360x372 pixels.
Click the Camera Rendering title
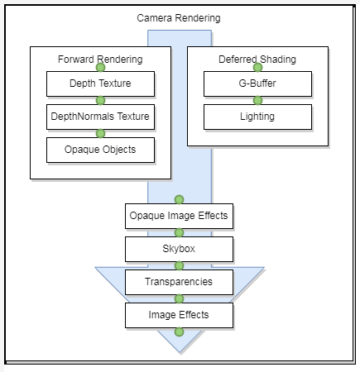tap(179, 18)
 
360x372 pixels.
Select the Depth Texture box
tap(100, 83)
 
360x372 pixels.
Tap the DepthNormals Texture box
tap(100, 117)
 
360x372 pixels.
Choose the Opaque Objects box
tap(100, 150)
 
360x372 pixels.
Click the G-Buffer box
tap(257, 83)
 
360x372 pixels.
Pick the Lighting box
tap(257, 117)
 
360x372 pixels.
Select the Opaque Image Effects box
tap(179, 216)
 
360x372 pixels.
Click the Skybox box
tap(179, 249)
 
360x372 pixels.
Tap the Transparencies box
tap(179, 282)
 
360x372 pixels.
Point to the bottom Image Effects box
tap(179, 315)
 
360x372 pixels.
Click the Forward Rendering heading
tap(100, 60)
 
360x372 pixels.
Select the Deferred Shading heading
tap(257, 60)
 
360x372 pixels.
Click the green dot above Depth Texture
tap(100, 67)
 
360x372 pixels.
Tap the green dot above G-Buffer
tap(257, 67)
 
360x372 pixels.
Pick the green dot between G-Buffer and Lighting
tap(257, 100)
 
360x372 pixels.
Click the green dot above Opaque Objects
tap(100, 133)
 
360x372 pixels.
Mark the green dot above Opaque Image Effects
tap(179, 199)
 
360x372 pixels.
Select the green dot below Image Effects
tap(179, 331)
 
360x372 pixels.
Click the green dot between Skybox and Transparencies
tap(179, 265)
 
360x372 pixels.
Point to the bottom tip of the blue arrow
tap(180, 352)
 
